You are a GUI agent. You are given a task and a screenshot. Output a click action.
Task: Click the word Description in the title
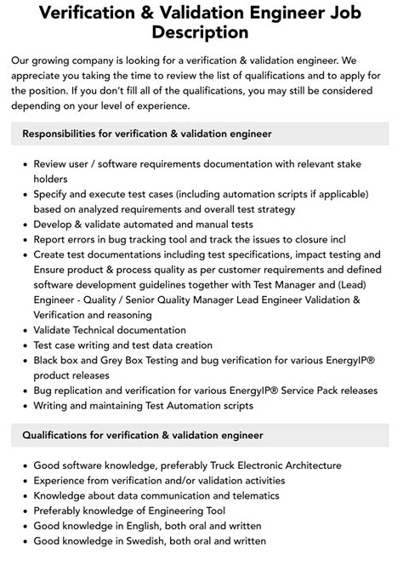point(201,33)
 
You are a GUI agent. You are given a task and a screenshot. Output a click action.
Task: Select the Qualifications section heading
point(142,435)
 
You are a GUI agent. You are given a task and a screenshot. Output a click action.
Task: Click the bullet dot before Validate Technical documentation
point(24,329)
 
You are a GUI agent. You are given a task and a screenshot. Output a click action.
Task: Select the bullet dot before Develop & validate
point(24,225)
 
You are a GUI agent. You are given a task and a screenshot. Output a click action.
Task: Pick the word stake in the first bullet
point(360,164)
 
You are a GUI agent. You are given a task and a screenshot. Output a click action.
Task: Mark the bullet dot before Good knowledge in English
point(24,526)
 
